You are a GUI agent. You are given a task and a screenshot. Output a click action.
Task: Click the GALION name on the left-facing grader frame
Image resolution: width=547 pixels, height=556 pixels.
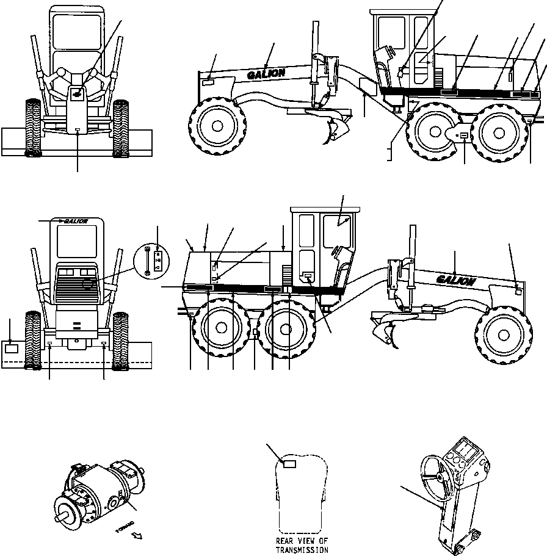[x=266, y=74]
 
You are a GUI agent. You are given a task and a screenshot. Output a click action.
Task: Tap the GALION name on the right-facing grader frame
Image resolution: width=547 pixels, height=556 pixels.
[x=455, y=280]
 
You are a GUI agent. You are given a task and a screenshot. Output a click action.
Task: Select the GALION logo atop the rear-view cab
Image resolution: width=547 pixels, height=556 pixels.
[x=73, y=221]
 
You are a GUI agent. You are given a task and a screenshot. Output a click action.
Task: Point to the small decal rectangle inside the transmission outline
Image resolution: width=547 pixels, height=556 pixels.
[x=289, y=464]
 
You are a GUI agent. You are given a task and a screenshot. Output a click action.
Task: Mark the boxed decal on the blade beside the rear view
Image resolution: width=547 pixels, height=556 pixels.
[x=11, y=349]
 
